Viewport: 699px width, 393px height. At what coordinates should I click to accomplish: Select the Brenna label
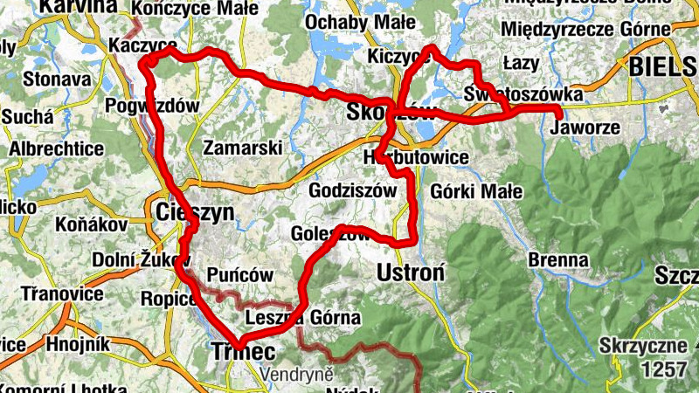click(557, 259)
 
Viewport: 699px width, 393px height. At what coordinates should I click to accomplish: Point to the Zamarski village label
click(241, 148)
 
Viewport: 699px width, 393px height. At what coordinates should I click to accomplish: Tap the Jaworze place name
click(586, 128)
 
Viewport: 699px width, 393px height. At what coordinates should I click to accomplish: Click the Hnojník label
click(78, 344)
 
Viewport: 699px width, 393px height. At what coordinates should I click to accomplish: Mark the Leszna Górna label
click(303, 318)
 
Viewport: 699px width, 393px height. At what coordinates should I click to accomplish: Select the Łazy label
click(522, 64)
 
